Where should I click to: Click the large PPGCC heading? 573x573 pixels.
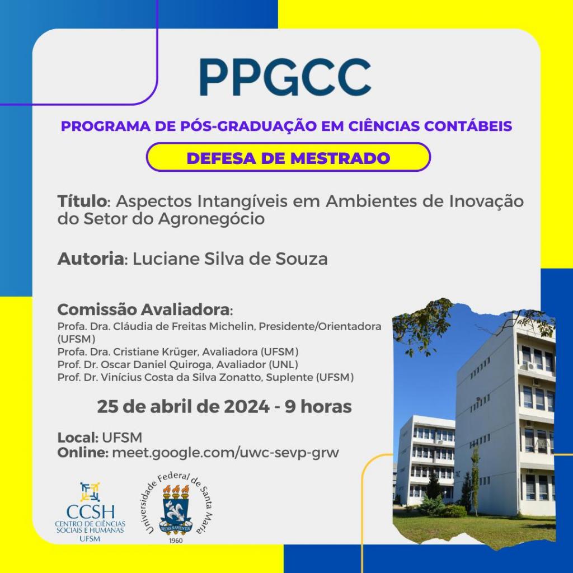pos(285,78)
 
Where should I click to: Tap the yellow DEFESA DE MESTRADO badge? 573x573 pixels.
pos(288,157)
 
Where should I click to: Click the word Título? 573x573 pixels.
pos(81,201)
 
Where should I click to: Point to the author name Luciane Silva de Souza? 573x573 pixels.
pos(230,259)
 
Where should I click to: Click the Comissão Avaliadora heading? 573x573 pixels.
pos(144,309)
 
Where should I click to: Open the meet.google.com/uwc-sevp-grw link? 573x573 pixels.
pos(226,453)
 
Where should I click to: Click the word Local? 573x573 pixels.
pos(77,438)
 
